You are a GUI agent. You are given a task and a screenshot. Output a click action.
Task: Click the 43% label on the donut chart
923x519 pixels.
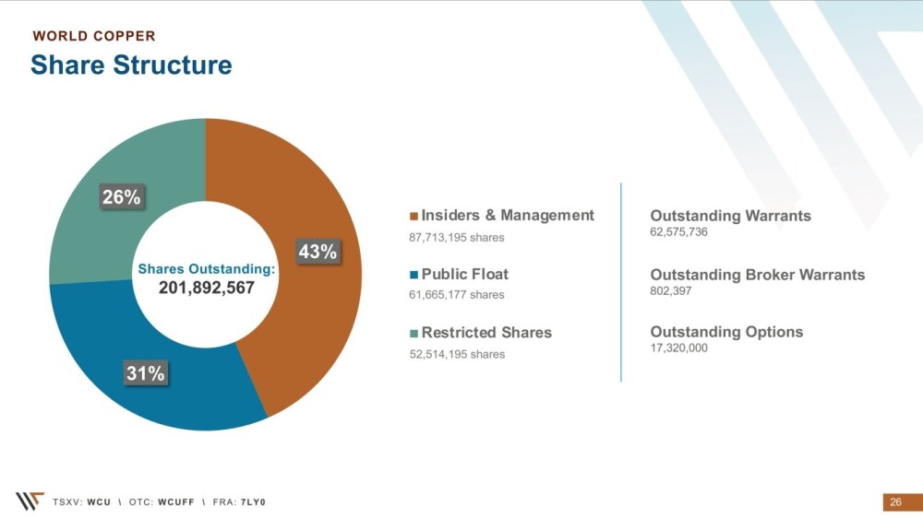click(x=318, y=252)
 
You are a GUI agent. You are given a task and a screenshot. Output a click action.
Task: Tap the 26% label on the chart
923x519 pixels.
click(x=121, y=197)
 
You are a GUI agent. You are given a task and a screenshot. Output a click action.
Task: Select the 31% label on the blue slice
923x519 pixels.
click(x=146, y=372)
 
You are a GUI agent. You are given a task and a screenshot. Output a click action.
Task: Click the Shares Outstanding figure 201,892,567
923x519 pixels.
click(x=207, y=288)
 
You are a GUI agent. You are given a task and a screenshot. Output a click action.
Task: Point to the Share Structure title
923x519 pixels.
click(x=131, y=65)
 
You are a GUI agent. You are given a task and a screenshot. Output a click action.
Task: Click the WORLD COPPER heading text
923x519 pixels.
click(x=94, y=36)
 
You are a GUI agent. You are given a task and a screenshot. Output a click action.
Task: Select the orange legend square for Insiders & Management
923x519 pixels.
click(x=414, y=216)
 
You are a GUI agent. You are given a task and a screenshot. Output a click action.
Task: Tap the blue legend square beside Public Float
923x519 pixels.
click(x=414, y=275)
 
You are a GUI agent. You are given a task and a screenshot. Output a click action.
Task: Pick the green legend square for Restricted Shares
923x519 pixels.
click(x=414, y=334)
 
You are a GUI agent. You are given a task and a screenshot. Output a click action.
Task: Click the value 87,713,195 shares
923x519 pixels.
click(x=457, y=238)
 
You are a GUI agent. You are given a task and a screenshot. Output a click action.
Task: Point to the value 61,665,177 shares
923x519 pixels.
click(x=457, y=294)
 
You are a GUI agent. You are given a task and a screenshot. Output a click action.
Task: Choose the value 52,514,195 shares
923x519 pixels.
click(x=458, y=354)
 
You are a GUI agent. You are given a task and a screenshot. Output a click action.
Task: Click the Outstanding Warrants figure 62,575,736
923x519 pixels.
click(x=678, y=231)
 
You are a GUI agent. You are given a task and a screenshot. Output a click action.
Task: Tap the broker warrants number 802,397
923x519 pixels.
click(x=670, y=290)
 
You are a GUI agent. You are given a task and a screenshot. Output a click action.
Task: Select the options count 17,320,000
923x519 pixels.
click(x=678, y=348)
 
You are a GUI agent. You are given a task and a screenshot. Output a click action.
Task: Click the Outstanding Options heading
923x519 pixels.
click(x=726, y=332)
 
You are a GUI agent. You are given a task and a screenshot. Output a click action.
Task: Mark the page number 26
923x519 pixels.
click(x=896, y=502)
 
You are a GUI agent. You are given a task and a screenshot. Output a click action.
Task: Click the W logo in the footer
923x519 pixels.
click(x=30, y=501)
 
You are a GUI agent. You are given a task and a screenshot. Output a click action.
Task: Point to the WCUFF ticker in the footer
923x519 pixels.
click(x=176, y=502)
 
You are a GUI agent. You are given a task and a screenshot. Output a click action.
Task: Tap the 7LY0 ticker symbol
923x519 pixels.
click(x=253, y=502)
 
